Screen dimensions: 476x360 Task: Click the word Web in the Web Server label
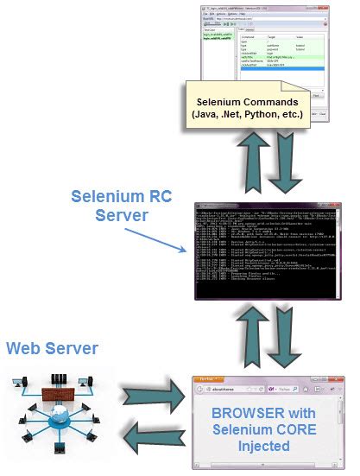[x=26, y=348]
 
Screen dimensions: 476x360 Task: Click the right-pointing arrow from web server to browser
[x=159, y=399]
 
